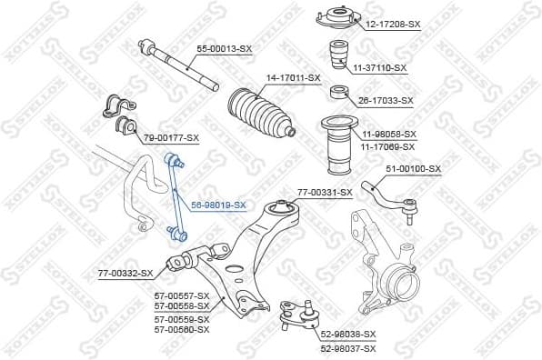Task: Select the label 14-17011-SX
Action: (x=293, y=78)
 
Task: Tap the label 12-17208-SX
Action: (x=395, y=25)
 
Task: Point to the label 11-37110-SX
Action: (x=379, y=68)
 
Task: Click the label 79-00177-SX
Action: (x=171, y=137)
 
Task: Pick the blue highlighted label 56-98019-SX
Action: (x=218, y=205)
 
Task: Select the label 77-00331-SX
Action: (x=325, y=192)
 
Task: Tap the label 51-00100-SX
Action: (x=413, y=168)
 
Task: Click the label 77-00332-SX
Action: (x=125, y=273)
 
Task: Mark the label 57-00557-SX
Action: (x=182, y=296)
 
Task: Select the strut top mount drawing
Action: (x=332, y=18)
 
